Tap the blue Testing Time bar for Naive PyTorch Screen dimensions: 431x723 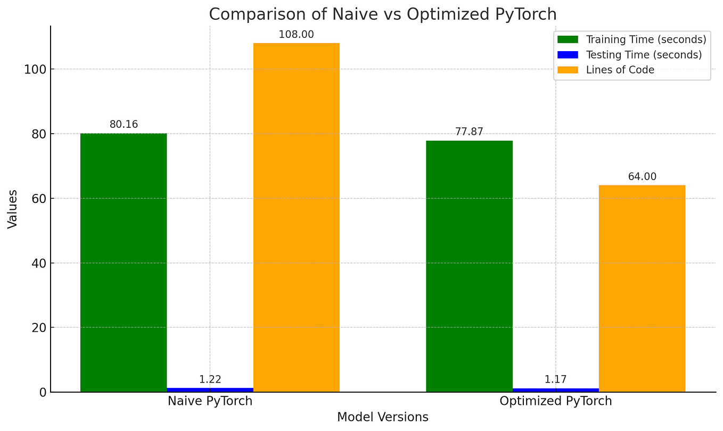pyautogui.click(x=210, y=389)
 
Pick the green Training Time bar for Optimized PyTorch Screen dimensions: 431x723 pyautogui.click(x=469, y=266)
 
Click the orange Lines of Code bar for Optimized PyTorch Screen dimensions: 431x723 pyautogui.click(x=642, y=288)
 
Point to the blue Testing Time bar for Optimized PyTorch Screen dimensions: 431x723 pyautogui.click(x=555, y=390)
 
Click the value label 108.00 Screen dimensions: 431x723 pyautogui.click(x=297, y=35)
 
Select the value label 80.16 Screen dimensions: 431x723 pyautogui.click(x=124, y=125)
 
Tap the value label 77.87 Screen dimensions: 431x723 pyautogui.click(x=469, y=132)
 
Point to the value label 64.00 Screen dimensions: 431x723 pyautogui.click(x=642, y=176)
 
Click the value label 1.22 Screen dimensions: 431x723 pyautogui.click(x=210, y=379)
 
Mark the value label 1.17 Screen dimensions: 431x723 pyautogui.click(x=555, y=379)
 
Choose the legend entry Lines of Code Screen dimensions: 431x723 pyautogui.click(x=620, y=70)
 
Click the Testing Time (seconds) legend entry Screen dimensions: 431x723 pyautogui.click(x=644, y=55)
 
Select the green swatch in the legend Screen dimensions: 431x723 pyautogui.click(x=568, y=39)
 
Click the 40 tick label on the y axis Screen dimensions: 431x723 pyautogui.click(x=38, y=263)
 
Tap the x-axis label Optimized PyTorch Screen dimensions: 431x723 pyautogui.click(x=555, y=401)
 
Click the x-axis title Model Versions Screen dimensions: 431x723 pyautogui.click(x=382, y=417)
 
